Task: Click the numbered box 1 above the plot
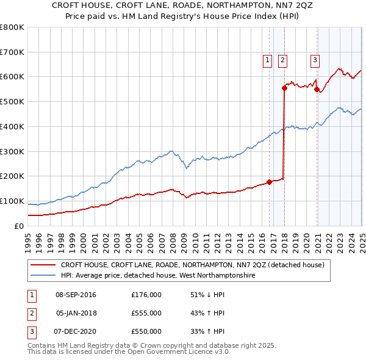pos(268,60)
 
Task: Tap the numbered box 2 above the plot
pos(283,60)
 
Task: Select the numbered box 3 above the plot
pos(315,60)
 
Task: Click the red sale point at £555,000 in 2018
pos(284,88)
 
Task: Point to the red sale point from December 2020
pos(317,89)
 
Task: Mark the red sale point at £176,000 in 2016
pos(269,182)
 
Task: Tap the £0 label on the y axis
pos(18,226)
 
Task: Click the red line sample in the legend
pos(43,265)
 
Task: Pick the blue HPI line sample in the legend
pos(43,275)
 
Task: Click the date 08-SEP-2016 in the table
pos(76,295)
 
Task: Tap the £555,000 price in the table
pos(146,313)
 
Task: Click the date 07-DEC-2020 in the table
pos(76,331)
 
